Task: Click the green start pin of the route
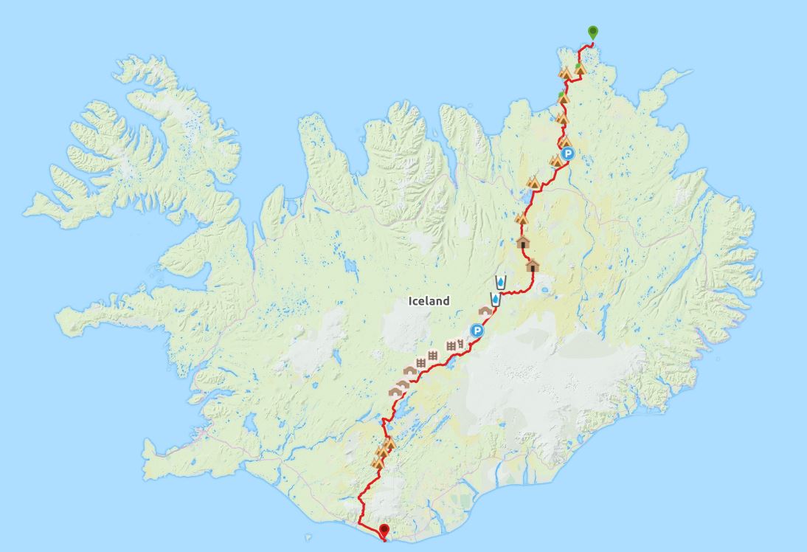click(592, 32)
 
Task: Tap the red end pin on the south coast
click(384, 531)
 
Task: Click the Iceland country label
click(429, 301)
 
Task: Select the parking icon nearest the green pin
click(568, 153)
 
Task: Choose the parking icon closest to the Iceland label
click(477, 331)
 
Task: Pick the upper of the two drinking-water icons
click(501, 282)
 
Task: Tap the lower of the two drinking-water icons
click(496, 299)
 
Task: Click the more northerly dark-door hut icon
click(523, 242)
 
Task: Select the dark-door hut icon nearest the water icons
click(533, 265)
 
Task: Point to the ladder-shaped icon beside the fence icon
click(461, 342)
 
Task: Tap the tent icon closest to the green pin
click(579, 69)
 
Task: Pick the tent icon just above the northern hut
click(522, 218)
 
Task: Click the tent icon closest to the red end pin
click(378, 463)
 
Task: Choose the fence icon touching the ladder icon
click(451, 345)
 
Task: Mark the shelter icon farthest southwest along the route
click(395, 390)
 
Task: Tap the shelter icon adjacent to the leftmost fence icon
click(410, 370)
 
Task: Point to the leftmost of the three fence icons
click(421, 362)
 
